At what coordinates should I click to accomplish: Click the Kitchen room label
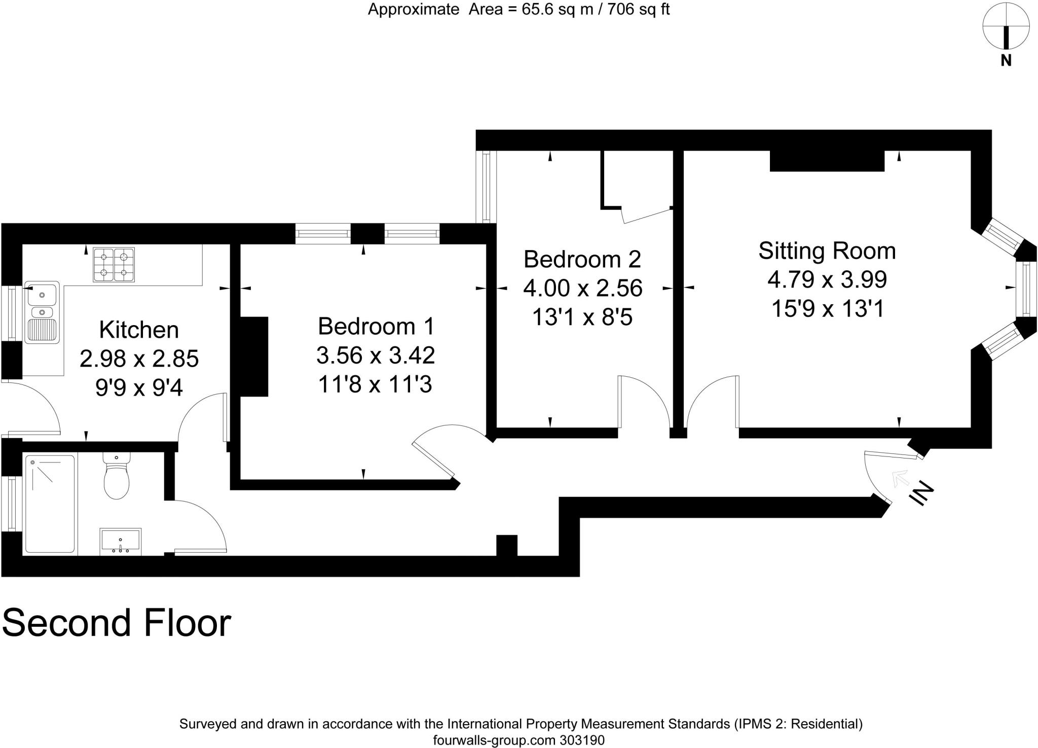coord(139,330)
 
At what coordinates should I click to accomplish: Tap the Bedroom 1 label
coord(376,326)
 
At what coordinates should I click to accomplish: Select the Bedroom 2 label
coord(582,259)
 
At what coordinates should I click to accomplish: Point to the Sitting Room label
coord(827,251)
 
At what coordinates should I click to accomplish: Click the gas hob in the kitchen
coord(114,265)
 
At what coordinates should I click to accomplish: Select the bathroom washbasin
coord(121,541)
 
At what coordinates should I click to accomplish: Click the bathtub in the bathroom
coord(50,504)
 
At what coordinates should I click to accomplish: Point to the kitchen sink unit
coord(44,311)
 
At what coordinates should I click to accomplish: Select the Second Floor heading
coord(117,623)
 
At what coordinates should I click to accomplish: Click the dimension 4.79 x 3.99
coord(827,279)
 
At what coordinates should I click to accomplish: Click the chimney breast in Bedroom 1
coord(253,357)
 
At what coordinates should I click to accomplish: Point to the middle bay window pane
coord(1025,289)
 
